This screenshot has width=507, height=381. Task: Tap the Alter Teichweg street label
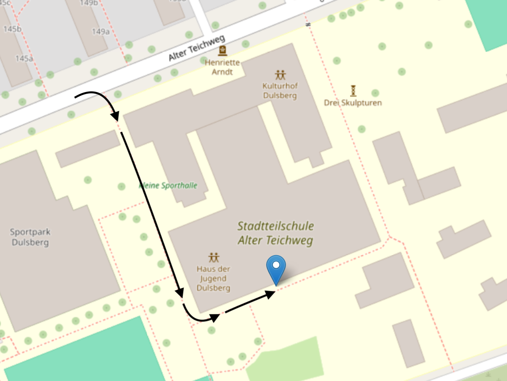click(x=197, y=48)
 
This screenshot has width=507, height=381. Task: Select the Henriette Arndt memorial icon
click(x=223, y=50)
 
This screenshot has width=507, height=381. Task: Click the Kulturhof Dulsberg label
click(x=280, y=90)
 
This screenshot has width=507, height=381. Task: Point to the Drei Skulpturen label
click(x=353, y=103)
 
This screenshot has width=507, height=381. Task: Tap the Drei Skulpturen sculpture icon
click(x=353, y=90)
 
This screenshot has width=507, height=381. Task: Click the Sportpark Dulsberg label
click(x=30, y=237)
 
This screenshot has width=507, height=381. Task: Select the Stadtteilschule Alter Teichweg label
click(x=276, y=233)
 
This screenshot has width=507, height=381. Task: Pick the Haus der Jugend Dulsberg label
click(x=213, y=278)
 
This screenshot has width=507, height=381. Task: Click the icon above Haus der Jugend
click(x=214, y=258)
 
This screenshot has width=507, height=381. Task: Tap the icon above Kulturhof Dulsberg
click(x=280, y=75)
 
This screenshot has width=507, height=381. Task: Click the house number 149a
click(x=101, y=32)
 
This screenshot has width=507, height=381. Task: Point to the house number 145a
click(x=24, y=59)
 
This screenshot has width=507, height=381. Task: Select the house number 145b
click(x=12, y=29)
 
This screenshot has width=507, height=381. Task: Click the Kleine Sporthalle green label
click(x=168, y=185)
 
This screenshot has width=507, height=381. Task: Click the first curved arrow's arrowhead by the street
click(x=115, y=116)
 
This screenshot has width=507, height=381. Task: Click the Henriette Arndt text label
click(x=222, y=67)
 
